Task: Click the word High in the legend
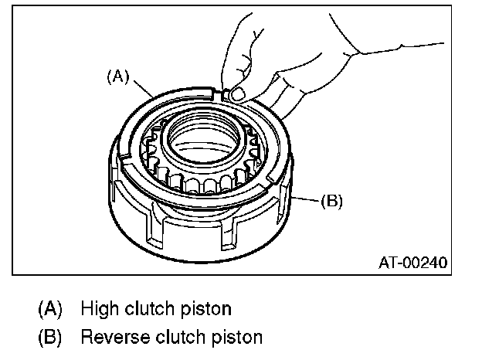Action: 97,309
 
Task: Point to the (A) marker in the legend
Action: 50,309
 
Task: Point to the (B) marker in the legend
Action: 50,337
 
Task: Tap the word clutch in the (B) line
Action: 181,337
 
